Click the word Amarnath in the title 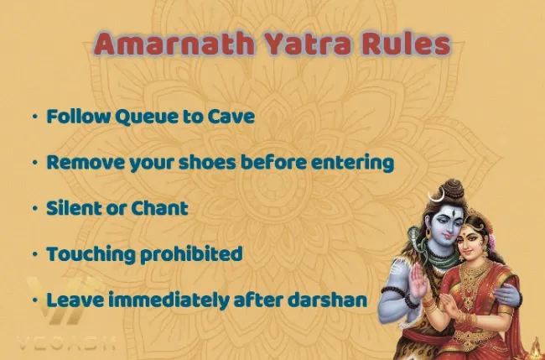coord(174,44)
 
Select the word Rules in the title coord(406,44)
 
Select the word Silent coord(74,208)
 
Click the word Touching coord(91,254)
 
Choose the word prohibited coord(191,254)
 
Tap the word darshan coord(327,300)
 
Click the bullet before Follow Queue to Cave coord(35,117)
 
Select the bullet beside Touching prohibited coord(35,254)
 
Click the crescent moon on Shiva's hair coord(437,196)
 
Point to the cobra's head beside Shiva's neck coord(414,234)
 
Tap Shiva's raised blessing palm coord(418,280)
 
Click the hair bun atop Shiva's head coord(453,189)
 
